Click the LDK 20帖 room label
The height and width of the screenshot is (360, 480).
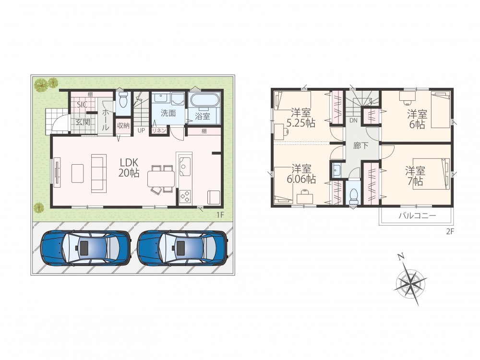pyautogui.click(x=129, y=167)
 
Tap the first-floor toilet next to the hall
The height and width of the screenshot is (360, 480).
pyautogui.click(x=123, y=100)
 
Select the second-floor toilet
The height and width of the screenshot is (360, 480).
pyautogui.click(x=354, y=194)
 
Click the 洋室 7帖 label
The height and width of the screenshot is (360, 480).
pyautogui.click(x=415, y=176)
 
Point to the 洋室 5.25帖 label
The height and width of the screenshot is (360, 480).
pyautogui.click(x=300, y=117)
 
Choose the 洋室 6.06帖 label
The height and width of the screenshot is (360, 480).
pyautogui.click(x=301, y=174)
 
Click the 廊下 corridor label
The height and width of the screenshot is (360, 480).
pyautogui.click(x=360, y=146)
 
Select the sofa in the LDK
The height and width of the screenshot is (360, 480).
pyautogui.click(x=98, y=173)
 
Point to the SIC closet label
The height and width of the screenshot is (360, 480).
pyautogui.click(x=82, y=105)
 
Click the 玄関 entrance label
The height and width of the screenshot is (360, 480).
pyautogui.click(x=83, y=122)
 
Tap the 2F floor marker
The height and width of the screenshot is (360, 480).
pyautogui.click(x=449, y=231)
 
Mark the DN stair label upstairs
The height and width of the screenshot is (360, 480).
pyautogui.click(x=353, y=120)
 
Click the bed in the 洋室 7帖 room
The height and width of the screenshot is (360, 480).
pyautogui.click(x=431, y=174)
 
